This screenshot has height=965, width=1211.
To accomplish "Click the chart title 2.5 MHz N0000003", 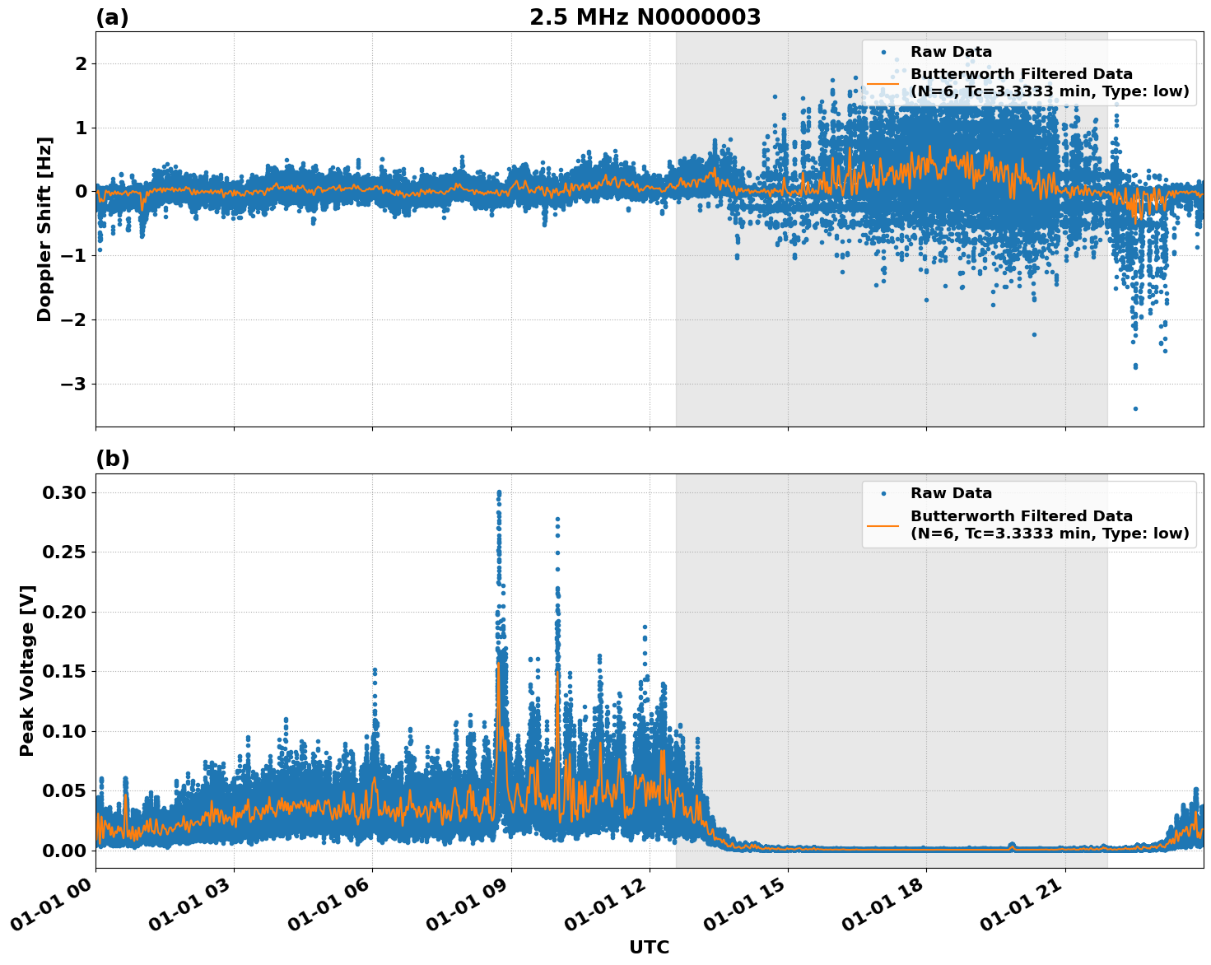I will (x=645, y=17).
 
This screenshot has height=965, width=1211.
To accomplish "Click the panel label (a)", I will (x=112, y=17).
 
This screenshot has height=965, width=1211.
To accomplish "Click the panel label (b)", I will (x=112, y=459).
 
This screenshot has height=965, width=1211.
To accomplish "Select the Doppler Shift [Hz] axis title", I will (x=44, y=229).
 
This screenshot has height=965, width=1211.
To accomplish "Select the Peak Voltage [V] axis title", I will (x=27, y=670).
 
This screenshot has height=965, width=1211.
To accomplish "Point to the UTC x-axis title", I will (x=649, y=947).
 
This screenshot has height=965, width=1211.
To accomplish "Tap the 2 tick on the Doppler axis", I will (x=81, y=63).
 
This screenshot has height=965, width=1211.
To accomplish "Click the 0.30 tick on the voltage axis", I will (x=64, y=492).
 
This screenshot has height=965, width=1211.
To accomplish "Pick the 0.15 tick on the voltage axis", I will (x=64, y=671).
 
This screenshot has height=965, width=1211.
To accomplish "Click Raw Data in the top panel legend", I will (x=951, y=52).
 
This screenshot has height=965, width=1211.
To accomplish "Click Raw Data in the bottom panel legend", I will (x=951, y=493).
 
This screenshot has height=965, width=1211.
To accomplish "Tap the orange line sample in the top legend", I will (x=883, y=83).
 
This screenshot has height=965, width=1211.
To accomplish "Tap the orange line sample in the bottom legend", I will (x=883, y=524).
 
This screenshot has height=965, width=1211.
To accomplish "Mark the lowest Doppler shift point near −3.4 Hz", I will (x=1135, y=408).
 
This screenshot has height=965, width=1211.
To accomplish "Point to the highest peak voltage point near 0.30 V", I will (x=499, y=492).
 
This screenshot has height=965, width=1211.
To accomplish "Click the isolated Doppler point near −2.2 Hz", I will (x=1034, y=334).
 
